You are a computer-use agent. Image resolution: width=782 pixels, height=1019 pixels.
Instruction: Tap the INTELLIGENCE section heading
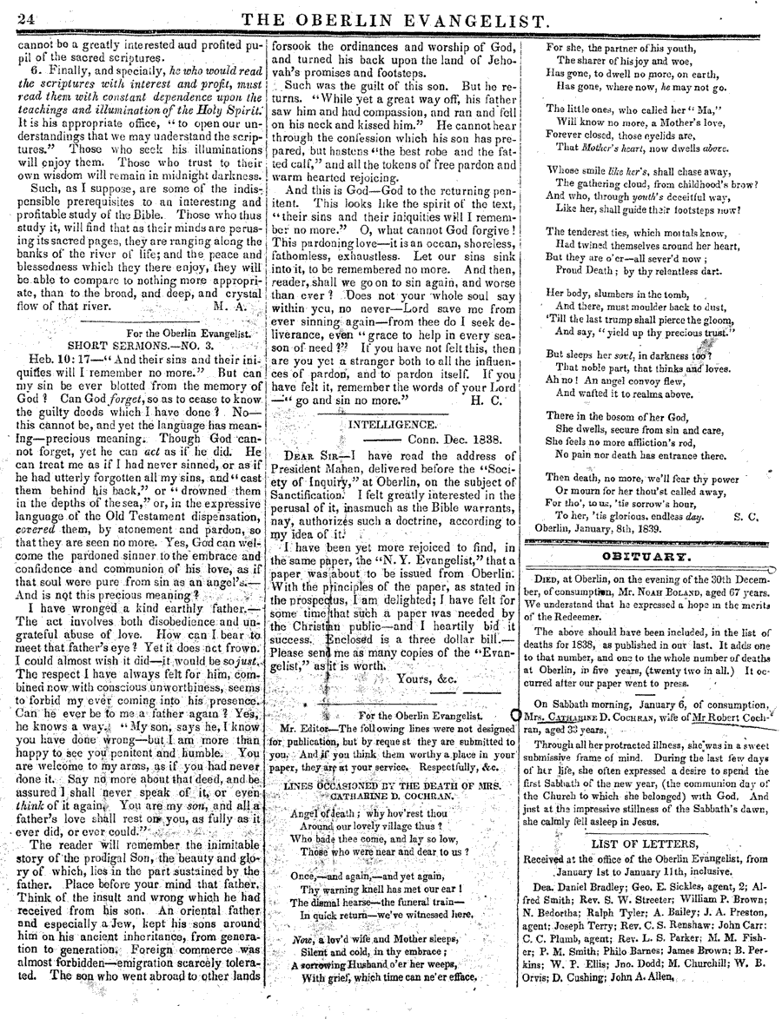click(x=392, y=425)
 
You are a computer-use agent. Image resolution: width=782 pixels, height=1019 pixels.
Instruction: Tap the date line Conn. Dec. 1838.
click(x=452, y=440)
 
